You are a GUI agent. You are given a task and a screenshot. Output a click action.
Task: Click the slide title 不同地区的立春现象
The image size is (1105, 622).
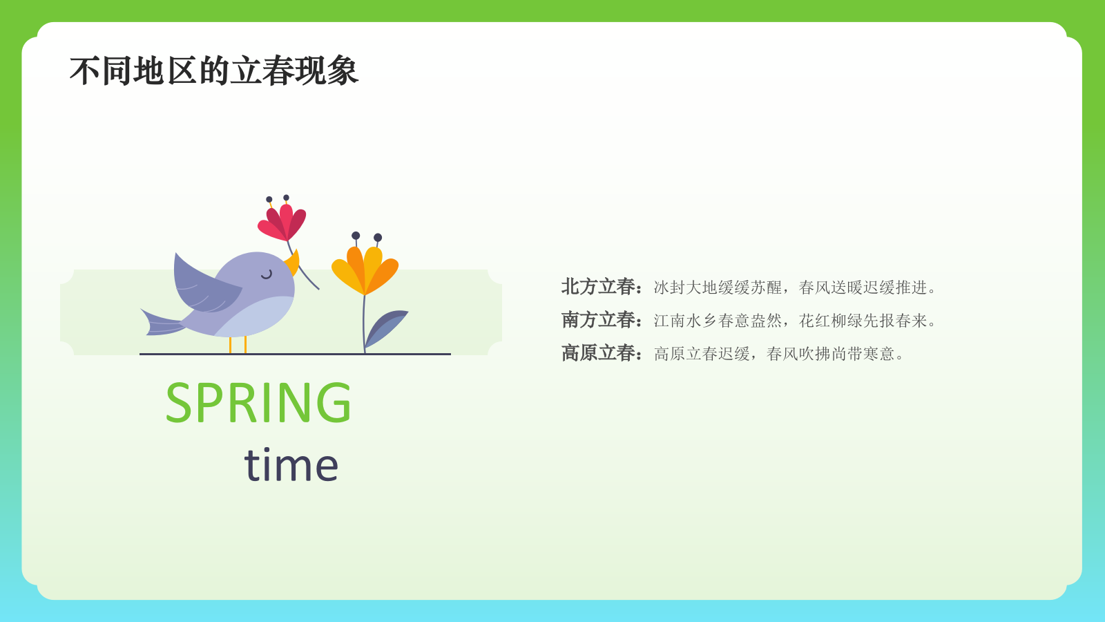click(214, 71)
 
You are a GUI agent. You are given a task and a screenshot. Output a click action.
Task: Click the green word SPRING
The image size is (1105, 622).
click(258, 403)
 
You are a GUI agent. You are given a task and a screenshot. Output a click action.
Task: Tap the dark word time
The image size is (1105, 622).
click(291, 464)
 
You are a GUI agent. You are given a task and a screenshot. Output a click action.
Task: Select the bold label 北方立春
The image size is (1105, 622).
click(598, 287)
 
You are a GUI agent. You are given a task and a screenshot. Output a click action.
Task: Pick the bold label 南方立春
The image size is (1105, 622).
click(598, 320)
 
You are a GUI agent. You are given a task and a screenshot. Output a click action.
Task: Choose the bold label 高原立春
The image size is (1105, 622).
click(598, 353)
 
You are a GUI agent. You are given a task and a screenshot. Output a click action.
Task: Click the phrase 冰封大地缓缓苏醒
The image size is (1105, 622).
click(718, 288)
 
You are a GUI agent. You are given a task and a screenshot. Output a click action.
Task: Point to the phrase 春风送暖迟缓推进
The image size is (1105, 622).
click(863, 288)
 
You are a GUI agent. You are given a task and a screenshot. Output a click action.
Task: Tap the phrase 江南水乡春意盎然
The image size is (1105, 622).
click(718, 321)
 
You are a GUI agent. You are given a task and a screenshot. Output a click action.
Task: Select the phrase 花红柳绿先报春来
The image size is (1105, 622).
click(863, 321)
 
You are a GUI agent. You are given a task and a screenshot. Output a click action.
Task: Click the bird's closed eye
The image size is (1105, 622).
click(267, 274)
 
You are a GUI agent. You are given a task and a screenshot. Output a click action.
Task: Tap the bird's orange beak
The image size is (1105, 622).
click(293, 263)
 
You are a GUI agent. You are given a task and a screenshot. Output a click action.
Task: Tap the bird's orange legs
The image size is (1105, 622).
click(238, 344)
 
